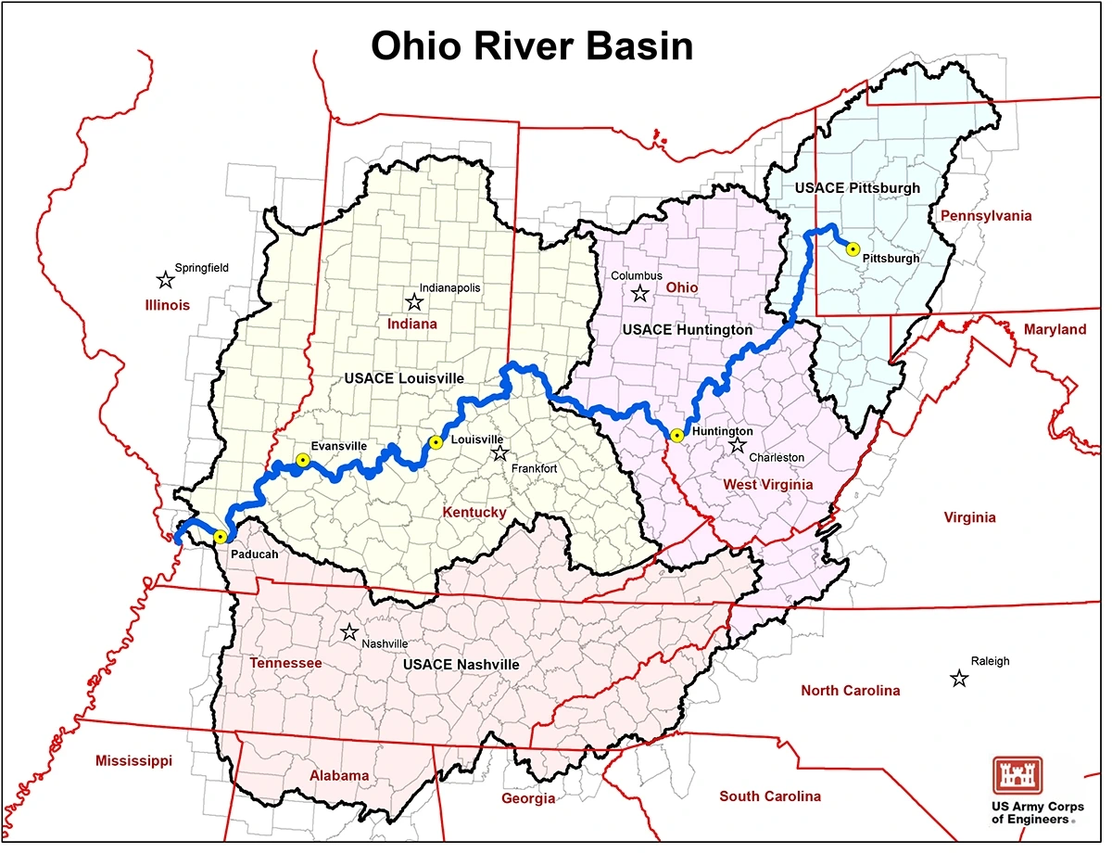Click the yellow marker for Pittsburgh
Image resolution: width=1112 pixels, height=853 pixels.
click(x=853, y=248)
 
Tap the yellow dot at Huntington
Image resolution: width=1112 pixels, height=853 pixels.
click(x=677, y=435)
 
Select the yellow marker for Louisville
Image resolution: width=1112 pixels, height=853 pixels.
click(x=433, y=442)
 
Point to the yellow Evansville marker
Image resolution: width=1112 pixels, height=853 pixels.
click(x=302, y=460)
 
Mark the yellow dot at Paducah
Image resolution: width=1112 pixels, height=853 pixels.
click(x=220, y=536)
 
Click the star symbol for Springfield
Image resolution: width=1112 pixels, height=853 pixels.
click(x=165, y=280)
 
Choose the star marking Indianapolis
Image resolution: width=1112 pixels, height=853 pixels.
click(x=413, y=301)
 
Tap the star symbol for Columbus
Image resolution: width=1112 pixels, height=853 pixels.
click(x=639, y=294)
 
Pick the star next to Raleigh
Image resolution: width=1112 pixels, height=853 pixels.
click(x=959, y=679)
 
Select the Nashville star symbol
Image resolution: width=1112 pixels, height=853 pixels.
click(x=349, y=632)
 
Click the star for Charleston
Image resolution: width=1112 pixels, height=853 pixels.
click(x=738, y=445)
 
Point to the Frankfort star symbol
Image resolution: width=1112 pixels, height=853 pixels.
click(x=500, y=453)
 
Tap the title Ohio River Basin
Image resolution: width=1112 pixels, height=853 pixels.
click(x=532, y=45)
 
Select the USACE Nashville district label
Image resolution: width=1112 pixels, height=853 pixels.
click(x=461, y=665)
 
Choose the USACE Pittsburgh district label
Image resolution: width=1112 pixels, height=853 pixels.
click(x=858, y=187)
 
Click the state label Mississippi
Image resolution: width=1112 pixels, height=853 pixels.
click(x=133, y=760)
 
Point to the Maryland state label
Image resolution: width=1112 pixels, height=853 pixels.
click(x=1055, y=329)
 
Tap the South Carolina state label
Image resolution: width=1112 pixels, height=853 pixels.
click(x=770, y=796)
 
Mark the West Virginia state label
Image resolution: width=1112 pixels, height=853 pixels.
click(x=767, y=484)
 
